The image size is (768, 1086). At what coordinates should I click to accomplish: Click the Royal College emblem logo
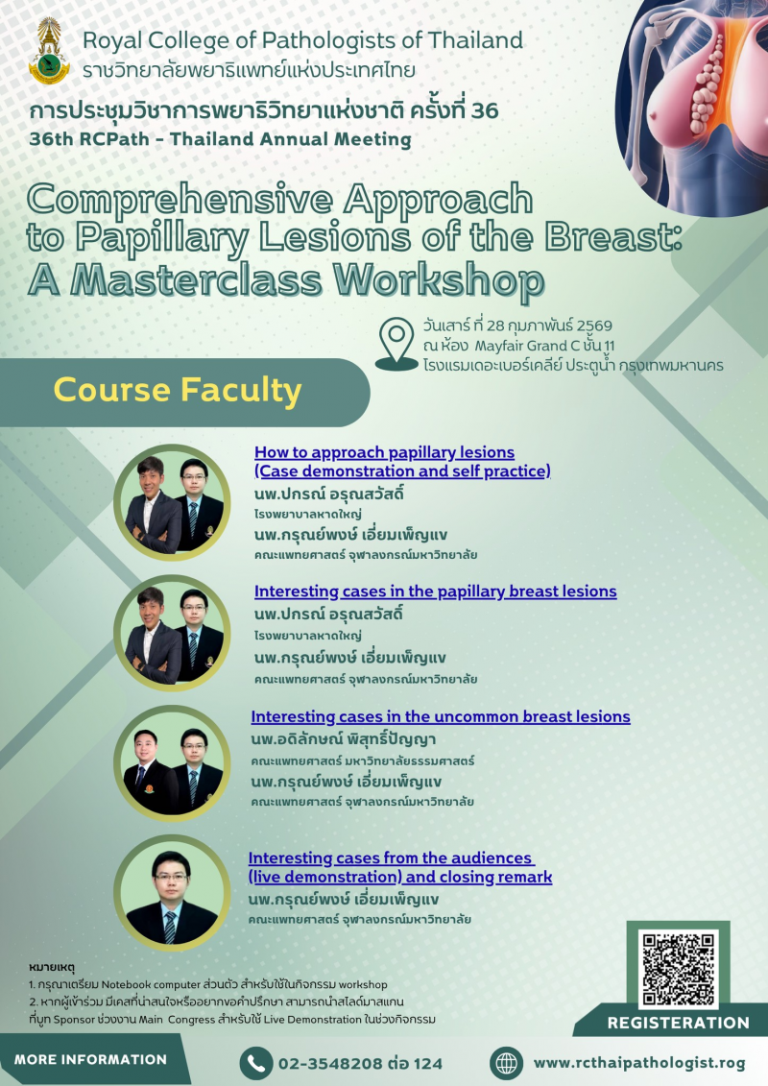point(49,51)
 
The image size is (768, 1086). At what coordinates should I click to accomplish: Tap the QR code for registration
point(678,969)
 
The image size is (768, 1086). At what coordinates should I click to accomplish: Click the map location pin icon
point(396,344)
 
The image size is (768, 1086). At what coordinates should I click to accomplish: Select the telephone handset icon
point(255,1063)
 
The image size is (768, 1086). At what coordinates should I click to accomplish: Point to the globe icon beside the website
point(506,1063)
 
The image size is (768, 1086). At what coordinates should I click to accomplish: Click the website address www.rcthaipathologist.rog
point(639,1063)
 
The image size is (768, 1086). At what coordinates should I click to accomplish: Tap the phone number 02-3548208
point(330,1063)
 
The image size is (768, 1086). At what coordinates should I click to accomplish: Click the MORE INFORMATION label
point(90,1060)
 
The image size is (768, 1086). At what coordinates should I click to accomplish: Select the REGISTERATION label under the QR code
point(678,1023)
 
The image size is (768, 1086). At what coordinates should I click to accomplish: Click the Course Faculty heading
point(178,390)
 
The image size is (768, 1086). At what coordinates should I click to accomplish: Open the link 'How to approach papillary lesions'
point(384,452)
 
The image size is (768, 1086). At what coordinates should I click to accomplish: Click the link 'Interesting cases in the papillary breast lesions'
point(435,591)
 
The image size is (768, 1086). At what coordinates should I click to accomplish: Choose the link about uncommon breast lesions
point(441,717)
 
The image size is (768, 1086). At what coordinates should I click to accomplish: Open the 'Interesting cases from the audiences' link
point(391,858)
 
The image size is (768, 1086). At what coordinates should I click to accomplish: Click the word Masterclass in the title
point(197,280)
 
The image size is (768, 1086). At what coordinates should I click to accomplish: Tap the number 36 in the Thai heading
point(484,110)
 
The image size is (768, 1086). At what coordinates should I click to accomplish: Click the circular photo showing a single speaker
point(172,893)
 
